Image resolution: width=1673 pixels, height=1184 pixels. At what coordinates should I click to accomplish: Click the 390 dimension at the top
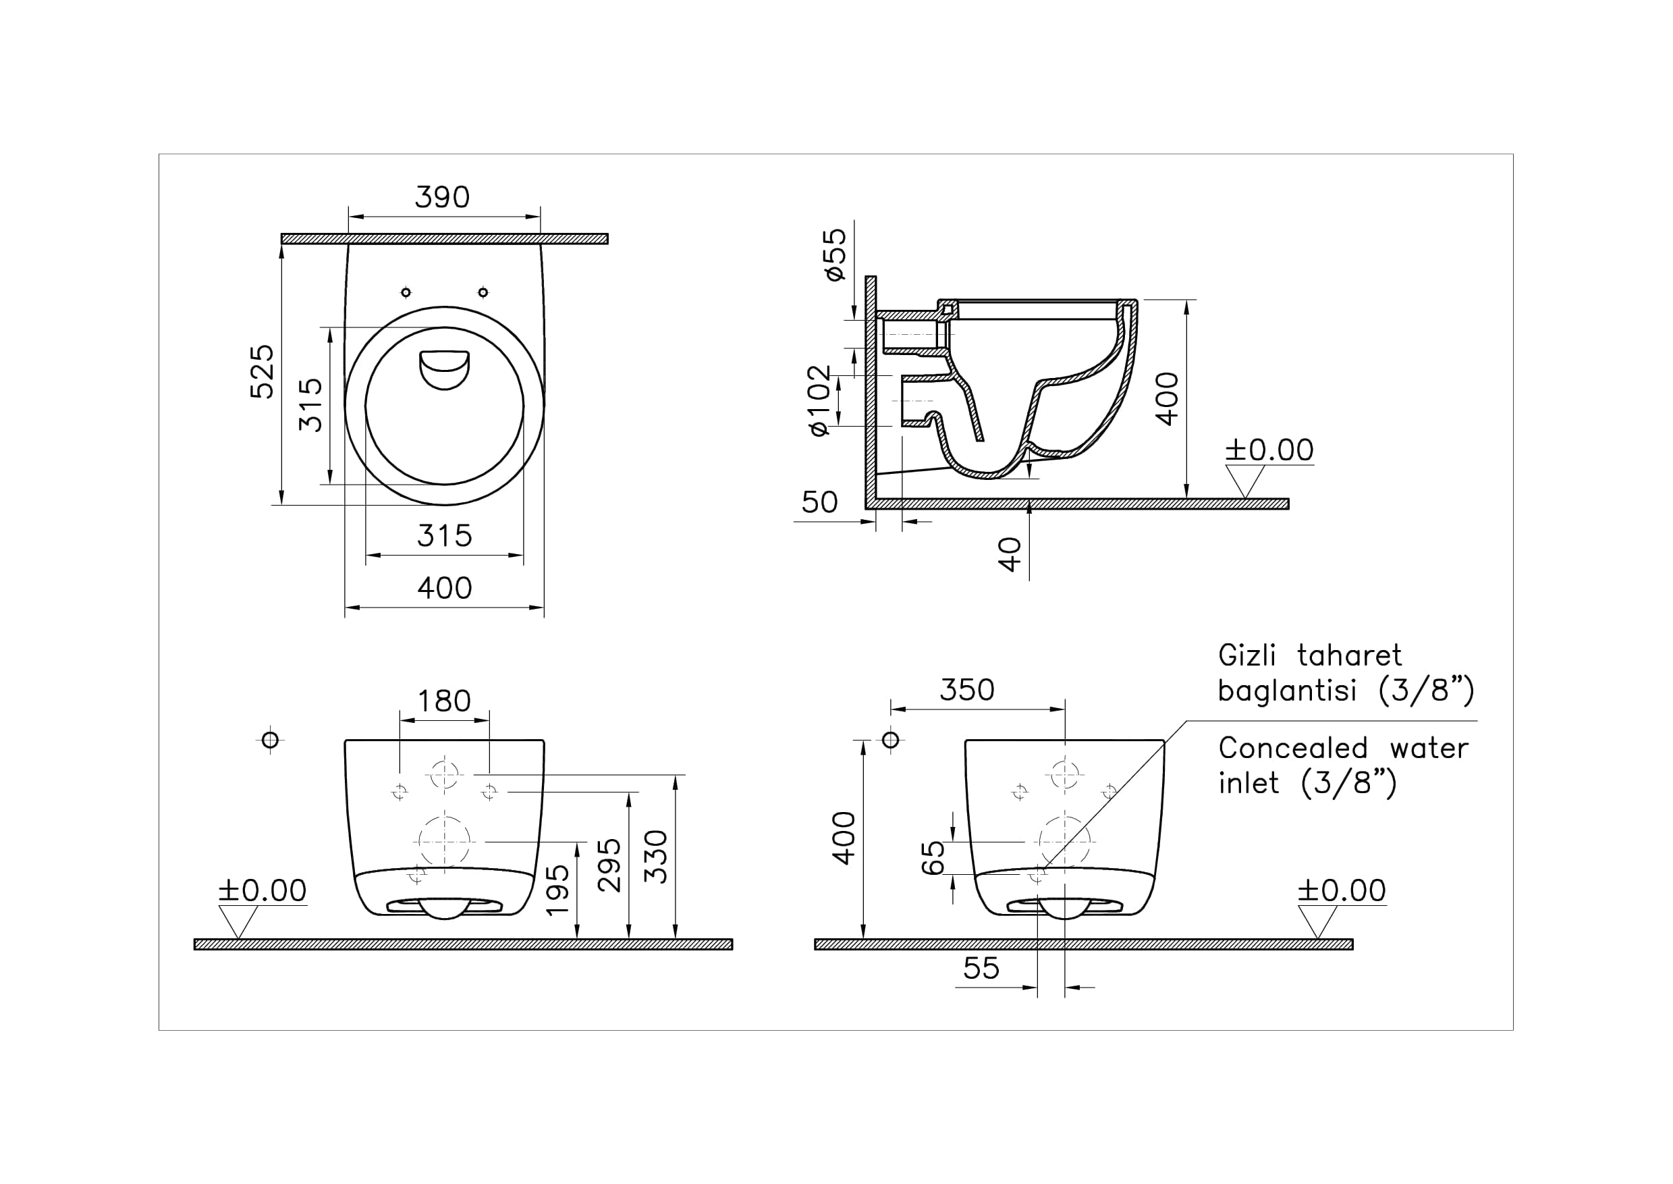click(442, 197)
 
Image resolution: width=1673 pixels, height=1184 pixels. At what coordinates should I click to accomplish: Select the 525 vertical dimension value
click(263, 371)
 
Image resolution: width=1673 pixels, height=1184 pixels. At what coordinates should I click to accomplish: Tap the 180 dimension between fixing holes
click(444, 701)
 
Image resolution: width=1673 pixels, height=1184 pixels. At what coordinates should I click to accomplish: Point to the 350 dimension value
click(966, 690)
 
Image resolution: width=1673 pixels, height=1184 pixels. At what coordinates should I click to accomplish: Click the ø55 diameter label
click(835, 254)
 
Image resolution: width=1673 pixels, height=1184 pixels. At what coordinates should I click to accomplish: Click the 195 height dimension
click(557, 890)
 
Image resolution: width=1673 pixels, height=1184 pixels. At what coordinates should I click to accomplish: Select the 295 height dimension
click(609, 865)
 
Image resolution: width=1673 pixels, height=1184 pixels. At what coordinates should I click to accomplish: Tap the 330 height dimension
click(656, 857)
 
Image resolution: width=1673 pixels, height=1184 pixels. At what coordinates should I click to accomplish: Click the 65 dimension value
click(933, 857)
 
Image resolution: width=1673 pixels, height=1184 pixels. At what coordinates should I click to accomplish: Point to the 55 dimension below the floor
click(981, 968)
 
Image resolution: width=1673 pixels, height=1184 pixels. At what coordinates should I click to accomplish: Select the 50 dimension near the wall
click(819, 502)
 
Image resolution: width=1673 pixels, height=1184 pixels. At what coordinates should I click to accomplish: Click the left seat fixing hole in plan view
click(406, 292)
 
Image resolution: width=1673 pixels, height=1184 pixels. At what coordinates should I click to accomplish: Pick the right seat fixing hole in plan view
click(483, 292)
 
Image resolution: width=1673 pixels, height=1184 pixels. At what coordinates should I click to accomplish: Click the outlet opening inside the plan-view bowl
click(445, 370)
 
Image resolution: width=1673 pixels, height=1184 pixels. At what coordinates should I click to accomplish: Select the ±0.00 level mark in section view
click(1269, 450)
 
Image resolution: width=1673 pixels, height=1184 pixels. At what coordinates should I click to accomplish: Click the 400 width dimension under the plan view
click(445, 588)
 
